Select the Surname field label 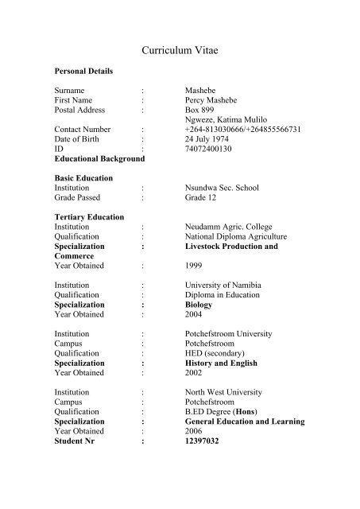click(71, 91)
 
